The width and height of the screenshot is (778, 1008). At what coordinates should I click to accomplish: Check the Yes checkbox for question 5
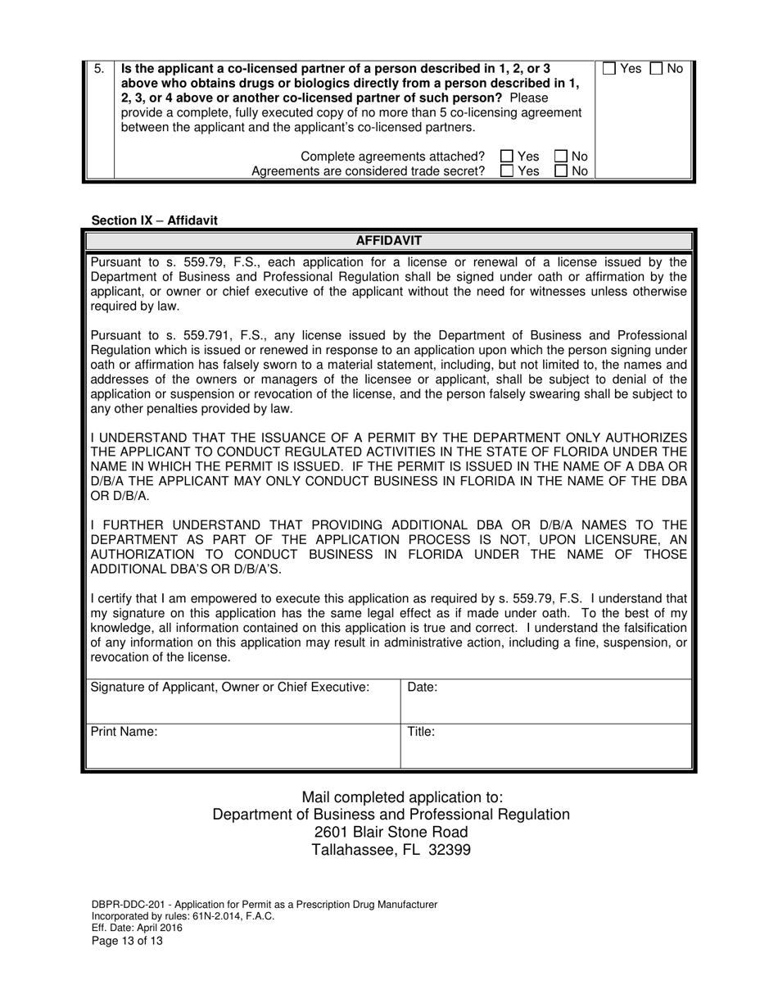pos(610,69)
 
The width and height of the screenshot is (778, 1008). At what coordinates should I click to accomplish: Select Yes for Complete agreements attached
pos(507,157)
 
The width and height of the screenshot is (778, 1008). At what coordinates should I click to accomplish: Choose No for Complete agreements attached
pos(562,157)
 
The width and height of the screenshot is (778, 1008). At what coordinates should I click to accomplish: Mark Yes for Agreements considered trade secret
pos(507,170)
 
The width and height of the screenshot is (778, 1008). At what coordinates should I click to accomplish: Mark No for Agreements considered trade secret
pos(562,170)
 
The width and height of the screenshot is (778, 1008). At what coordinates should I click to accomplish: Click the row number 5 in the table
pos(98,69)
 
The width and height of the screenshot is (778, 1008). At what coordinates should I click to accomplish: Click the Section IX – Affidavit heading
pos(155,220)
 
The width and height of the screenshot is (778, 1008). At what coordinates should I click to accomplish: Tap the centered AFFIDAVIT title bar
pos(388,241)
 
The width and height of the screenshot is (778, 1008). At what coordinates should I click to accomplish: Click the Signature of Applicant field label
pos(229,687)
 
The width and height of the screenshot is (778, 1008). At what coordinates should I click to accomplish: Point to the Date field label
pos(422,688)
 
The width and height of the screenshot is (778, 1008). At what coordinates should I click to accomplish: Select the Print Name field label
pos(124,732)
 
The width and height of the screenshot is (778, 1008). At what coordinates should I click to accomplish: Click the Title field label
pos(421,732)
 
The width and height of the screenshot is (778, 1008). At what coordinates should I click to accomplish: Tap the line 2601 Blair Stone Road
pos(391,832)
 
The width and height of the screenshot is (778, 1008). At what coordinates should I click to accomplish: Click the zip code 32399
pos(447,850)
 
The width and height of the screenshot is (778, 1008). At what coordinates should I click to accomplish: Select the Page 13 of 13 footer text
pos(127,941)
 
